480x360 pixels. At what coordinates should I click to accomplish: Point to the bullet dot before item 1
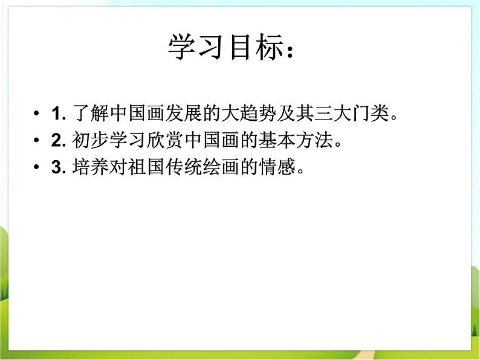[x=37, y=114]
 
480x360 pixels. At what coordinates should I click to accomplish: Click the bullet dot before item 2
[x=37, y=141]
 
